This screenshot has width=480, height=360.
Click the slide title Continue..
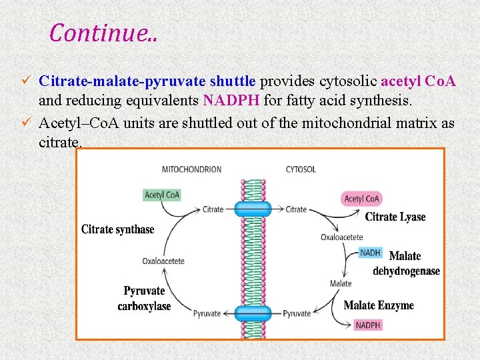pyautogui.click(x=103, y=32)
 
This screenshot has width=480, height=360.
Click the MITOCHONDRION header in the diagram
pyautogui.click(x=191, y=169)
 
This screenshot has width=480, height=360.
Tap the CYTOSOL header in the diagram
pyautogui.click(x=301, y=169)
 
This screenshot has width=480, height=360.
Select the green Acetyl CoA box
pyautogui.click(x=163, y=195)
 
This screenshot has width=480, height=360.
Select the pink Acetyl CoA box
pyautogui.click(x=362, y=198)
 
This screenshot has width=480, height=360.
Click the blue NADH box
pyautogui.click(x=370, y=253)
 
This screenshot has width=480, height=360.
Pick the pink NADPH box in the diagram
pyautogui.click(x=368, y=325)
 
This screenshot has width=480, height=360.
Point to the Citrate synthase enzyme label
pyautogui.click(x=118, y=229)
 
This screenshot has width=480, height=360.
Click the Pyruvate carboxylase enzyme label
pyautogui.click(x=144, y=299)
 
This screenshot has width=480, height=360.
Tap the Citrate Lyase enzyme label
pyautogui.click(x=395, y=217)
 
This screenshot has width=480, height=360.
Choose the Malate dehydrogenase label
pyautogui.click(x=405, y=263)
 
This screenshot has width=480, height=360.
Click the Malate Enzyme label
pyautogui.click(x=379, y=305)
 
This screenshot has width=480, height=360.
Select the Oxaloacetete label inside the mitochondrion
pyautogui.click(x=163, y=261)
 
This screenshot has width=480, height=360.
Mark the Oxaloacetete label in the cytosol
pyautogui.click(x=342, y=237)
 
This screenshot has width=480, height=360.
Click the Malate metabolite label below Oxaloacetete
pyautogui.click(x=341, y=283)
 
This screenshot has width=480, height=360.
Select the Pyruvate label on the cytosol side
pyautogui.click(x=297, y=313)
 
